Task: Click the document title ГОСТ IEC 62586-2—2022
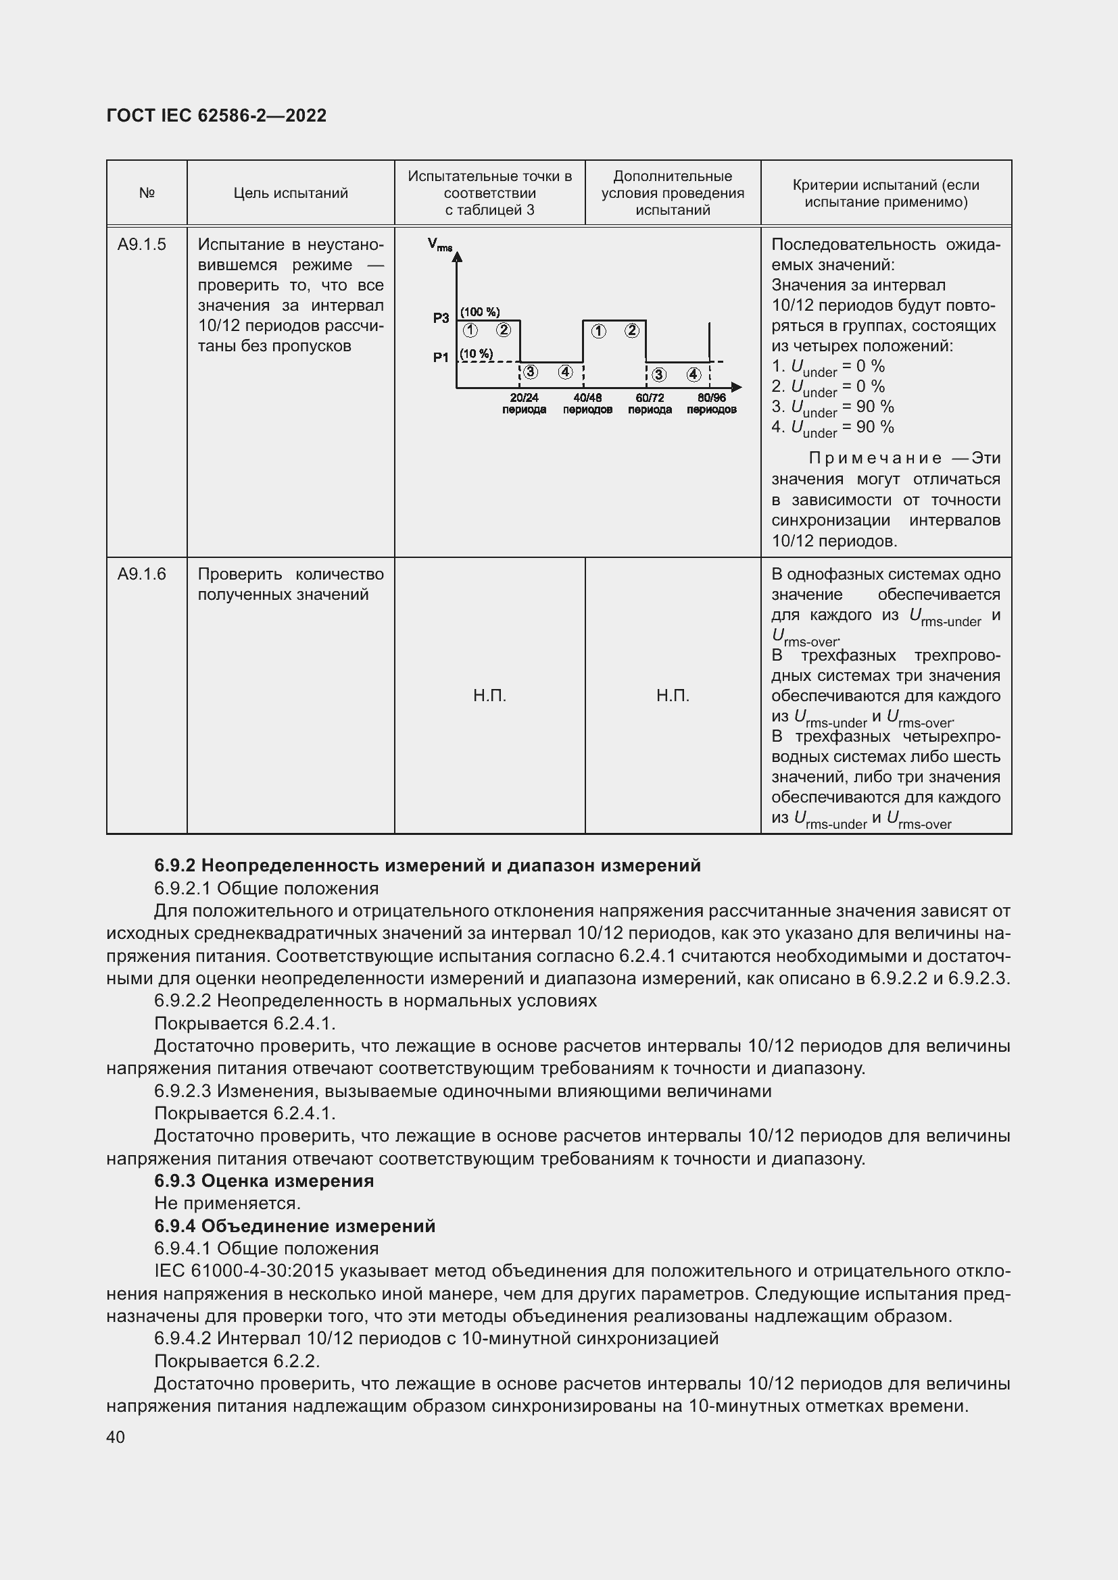pos(216,116)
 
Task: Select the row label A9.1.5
pos(141,245)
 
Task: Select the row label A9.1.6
pos(141,574)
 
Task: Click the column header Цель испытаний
pos(290,193)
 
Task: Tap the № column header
pos(147,193)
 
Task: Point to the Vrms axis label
pos(439,244)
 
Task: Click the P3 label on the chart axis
pos(441,318)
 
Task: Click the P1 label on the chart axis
pos(441,357)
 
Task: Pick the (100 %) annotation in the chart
pos(480,311)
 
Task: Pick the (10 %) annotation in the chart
pos(477,354)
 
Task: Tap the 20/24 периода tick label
pos(524,404)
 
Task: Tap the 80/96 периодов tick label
pos(711,404)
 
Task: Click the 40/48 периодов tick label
pos(587,404)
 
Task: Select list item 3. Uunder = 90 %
pos(832,407)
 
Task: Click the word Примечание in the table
pos(875,458)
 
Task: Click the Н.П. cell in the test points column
pos(489,696)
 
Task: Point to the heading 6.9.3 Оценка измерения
pos(264,1181)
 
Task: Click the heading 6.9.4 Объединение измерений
pos(295,1226)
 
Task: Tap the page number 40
pos(116,1437)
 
